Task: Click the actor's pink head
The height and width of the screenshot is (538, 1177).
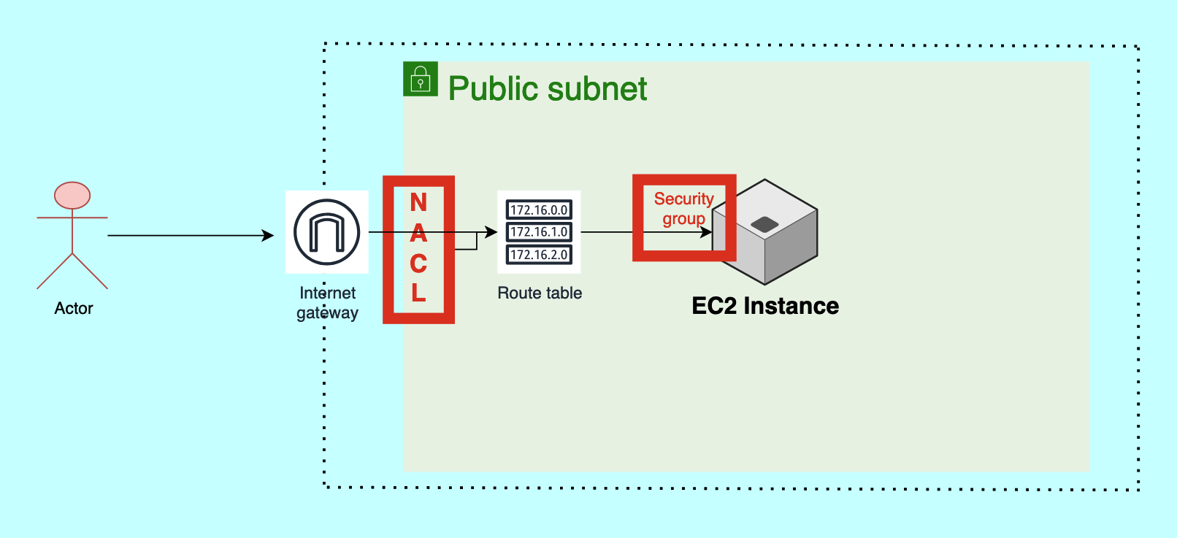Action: click(72, 196)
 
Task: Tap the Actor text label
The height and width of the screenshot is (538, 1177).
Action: click(74, 308)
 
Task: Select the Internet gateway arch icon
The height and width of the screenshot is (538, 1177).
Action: click(326, 232)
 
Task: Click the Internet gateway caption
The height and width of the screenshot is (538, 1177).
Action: click(327, 303)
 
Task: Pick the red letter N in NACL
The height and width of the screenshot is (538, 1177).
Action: click(418, 202)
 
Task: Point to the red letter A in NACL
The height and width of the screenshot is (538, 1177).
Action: click(418, 233)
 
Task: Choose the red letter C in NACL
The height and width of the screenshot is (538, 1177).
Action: click(418, 263)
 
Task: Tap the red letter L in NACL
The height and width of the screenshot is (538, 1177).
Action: click(418, 293)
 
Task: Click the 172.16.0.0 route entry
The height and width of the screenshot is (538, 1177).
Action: click(539, 210)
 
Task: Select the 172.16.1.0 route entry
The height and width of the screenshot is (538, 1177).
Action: click(539, 232)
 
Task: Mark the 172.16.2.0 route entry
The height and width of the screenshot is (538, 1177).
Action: click(539, 255)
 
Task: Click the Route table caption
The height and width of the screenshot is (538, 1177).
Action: click(540, 293)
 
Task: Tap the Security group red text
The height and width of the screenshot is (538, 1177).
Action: click(683, 209)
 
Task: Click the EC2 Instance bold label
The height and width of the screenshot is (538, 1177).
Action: click(765, 306)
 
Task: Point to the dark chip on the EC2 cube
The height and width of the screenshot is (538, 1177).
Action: click(764, 224)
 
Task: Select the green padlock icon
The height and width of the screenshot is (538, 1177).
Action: click(421, 79)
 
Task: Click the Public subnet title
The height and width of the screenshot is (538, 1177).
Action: click(548, 89)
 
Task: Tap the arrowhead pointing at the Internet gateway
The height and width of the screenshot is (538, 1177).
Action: click(269, 236)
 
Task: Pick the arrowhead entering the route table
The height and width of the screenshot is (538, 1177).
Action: click(492, 233)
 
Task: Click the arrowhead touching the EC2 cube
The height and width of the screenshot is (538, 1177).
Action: click(707, 233)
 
